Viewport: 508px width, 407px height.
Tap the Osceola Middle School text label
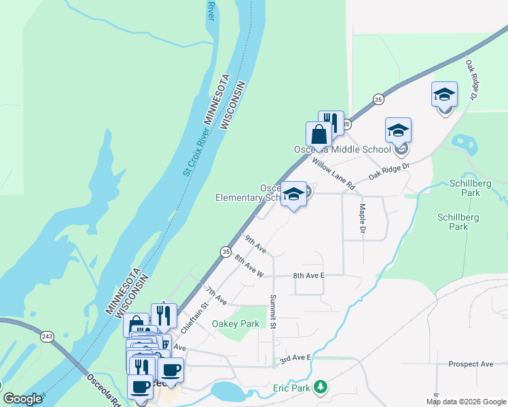click(x=342, y=149)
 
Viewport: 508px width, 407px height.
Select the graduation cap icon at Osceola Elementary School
click(x=293, y=194)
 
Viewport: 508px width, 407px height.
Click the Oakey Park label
click(x=236, y=324)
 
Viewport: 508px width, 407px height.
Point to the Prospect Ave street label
click(x=470, y=364)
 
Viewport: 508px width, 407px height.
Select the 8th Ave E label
click(x=309, y=276)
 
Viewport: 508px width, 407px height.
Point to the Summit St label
click(x=273, y=312)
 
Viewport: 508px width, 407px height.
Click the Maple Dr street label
click(x=363, y=220)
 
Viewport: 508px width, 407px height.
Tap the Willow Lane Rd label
click(x=333, y=173)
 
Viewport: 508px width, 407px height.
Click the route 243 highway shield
click(x=46, y=336)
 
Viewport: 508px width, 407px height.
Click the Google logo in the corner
click(x=22, y=399)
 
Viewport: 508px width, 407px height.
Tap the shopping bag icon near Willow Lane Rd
click(x=319, y=134)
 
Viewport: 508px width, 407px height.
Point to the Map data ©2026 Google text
click(x=465, y=402)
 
